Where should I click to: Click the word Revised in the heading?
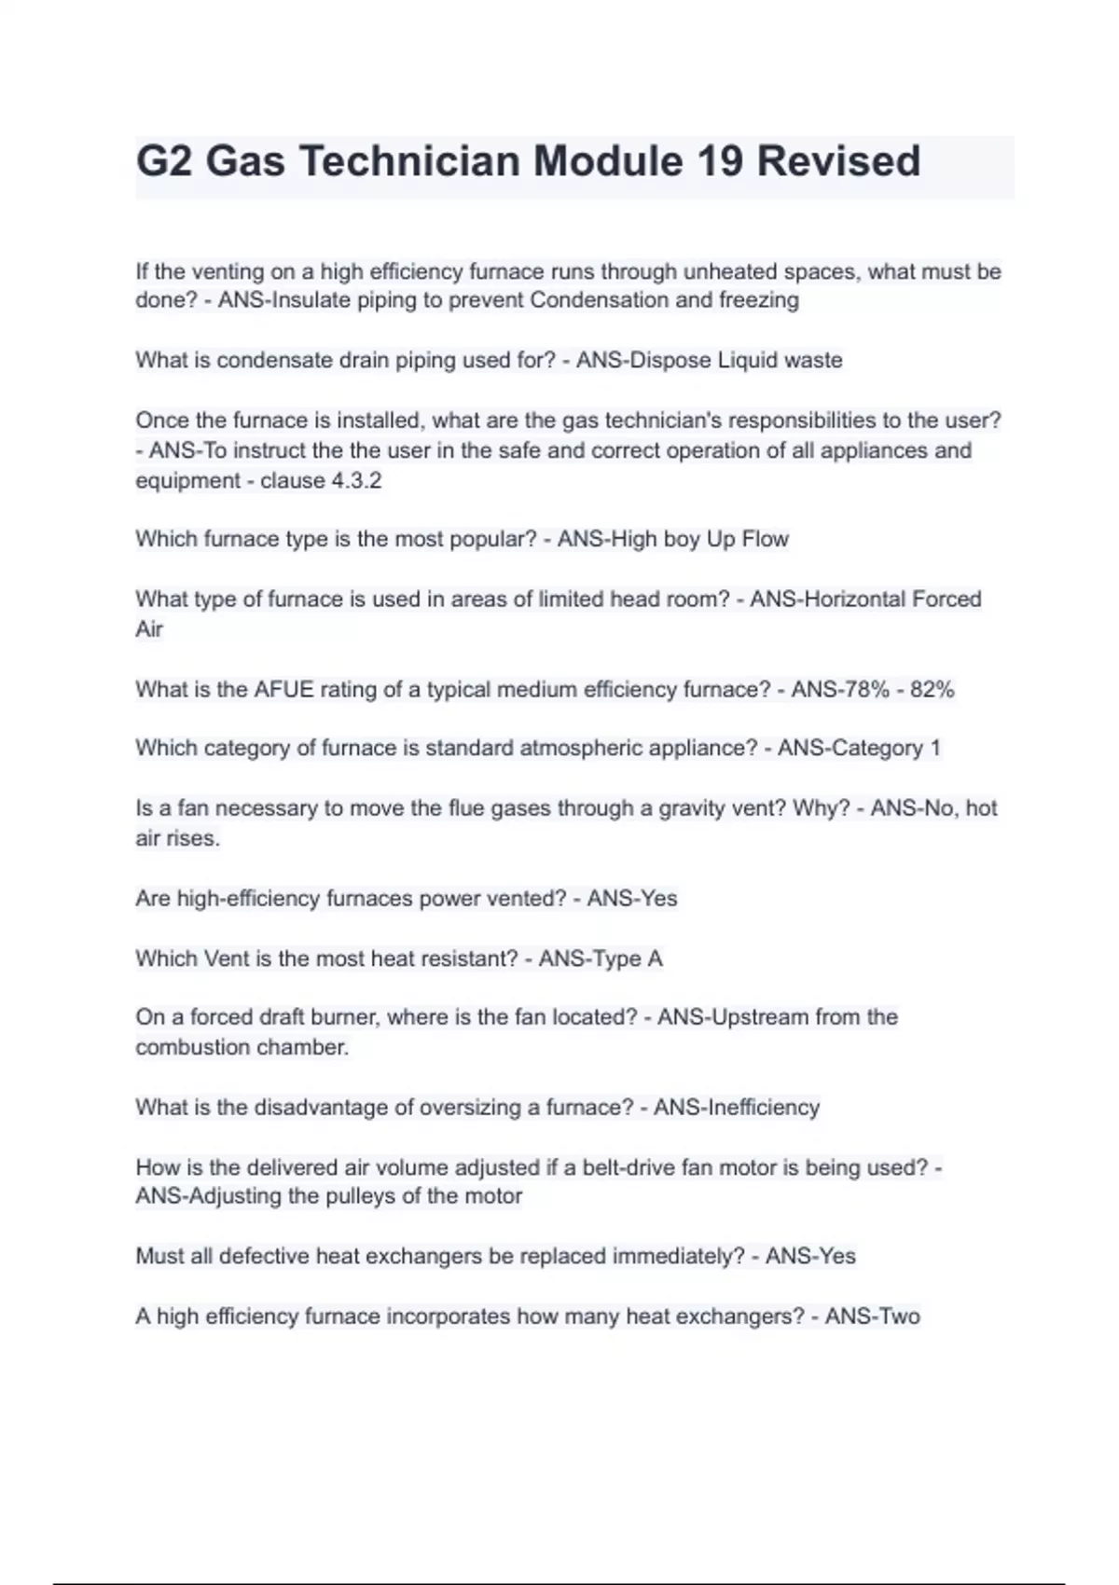pyautogui.click(x=838, y=161)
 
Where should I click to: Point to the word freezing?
pyautogui.click(x=758, y=300)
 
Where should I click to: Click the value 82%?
pyautogui.click(x=932, y=690)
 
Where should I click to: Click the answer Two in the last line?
pyautogui.click(x=898, y=1316)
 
